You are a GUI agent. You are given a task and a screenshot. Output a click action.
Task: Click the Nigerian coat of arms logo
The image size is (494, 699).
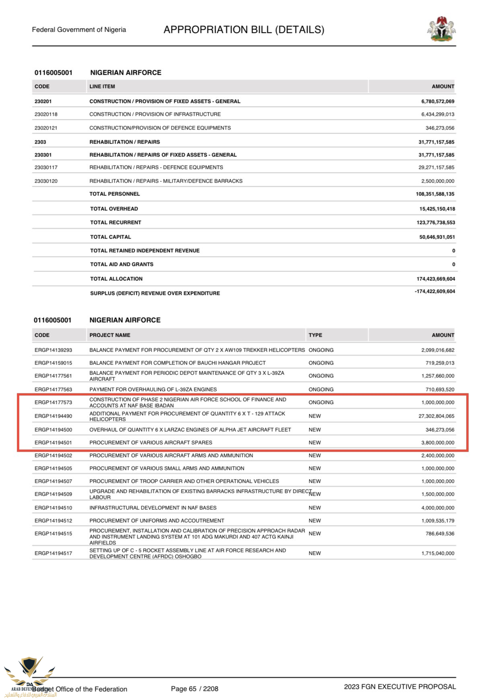point(441,29)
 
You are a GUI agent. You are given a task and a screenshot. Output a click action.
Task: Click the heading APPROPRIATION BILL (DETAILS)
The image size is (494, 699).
point(244,30)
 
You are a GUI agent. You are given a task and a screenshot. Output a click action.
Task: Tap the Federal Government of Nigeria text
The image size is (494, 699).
point(79,30)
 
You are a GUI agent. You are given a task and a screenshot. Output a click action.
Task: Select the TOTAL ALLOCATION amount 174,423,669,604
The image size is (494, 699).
point(436,279)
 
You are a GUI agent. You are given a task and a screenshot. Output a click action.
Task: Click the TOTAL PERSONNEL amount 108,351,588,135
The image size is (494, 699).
point(435,194)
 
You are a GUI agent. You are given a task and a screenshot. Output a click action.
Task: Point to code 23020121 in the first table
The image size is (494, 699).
point(46,128)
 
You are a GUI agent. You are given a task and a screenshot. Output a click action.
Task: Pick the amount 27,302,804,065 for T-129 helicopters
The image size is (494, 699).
point(436,416)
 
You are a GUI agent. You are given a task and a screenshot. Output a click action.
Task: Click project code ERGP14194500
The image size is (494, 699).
point(53,430)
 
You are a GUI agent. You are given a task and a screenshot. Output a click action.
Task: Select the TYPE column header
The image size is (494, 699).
point(315,335)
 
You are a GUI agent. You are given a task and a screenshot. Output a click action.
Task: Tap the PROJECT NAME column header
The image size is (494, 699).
point(110,335)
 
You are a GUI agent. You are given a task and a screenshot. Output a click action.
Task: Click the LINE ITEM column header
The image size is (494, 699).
point(102,87)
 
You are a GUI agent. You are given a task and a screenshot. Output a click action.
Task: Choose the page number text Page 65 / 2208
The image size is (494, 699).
point(194,689)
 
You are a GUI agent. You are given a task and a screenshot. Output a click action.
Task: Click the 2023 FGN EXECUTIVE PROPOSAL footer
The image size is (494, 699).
point(400,687)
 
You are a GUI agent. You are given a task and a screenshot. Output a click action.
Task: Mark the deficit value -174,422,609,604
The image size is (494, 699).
point(435,291)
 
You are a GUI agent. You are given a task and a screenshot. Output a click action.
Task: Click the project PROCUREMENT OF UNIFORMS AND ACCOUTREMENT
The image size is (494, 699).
point(157,521)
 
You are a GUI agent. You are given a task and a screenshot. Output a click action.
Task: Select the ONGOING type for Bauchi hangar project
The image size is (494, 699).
point(321,363)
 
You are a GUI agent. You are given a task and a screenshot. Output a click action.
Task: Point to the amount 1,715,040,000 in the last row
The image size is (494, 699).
point(438,553)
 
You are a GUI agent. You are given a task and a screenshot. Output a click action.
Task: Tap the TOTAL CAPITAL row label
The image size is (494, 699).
point(111,237)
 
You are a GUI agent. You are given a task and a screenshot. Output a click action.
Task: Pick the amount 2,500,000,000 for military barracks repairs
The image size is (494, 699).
point(438,181)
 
